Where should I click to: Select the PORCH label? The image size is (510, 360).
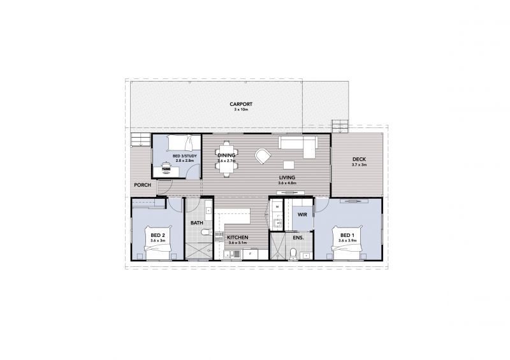(x=142, y=185)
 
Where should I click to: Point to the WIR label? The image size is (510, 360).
(x=302, y=215)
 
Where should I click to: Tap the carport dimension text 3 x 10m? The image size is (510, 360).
(x=242, y=110)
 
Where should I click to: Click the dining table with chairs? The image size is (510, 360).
(x=226, y=155)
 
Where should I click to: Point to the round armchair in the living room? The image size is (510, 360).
(x=263, y=155)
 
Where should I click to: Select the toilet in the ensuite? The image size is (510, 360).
(x=293, y=254)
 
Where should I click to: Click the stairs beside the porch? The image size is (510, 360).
(x=138, y=140)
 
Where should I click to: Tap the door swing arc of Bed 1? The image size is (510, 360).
(x=321, y=205)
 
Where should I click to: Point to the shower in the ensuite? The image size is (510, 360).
(x=277, y=247)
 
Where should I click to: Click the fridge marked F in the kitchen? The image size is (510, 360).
(x=252, y=254)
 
